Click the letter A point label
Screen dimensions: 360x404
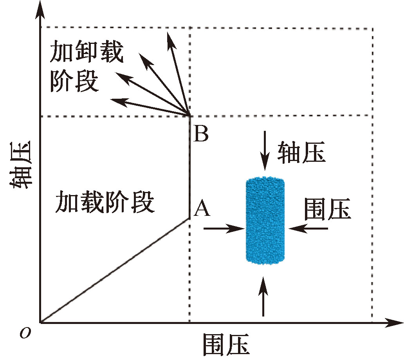pos(202,208)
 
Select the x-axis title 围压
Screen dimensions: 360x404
pos(226,345)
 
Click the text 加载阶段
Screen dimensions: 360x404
pos(105,203)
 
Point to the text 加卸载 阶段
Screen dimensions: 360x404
pos(86,67)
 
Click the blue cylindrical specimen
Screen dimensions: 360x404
pos(265,221)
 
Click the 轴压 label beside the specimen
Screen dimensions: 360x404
pos(301,152)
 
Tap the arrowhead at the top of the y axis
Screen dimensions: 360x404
pos(40,12)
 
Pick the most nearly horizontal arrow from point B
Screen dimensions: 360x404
pos(149,108)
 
